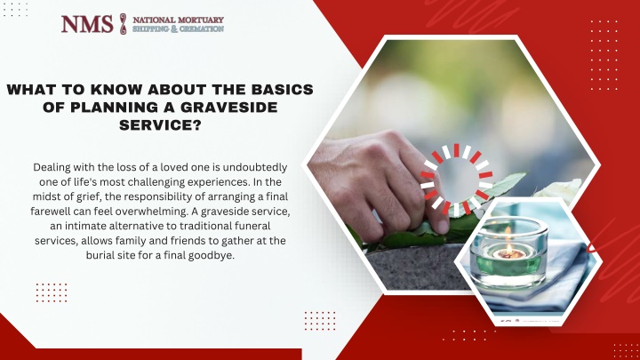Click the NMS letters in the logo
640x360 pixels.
87,24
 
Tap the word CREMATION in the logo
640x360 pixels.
202,29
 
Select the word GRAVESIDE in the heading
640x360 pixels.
229,107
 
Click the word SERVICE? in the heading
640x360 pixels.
160,125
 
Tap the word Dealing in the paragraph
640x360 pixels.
51,168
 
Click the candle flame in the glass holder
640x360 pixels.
510,247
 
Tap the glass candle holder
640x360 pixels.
508,253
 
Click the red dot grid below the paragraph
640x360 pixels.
52,292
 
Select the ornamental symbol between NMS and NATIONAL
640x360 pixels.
123,24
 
